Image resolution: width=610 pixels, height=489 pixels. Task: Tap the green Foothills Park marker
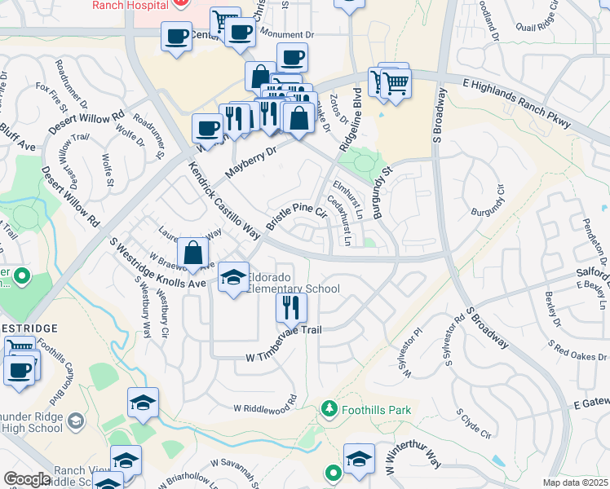coord(329,407)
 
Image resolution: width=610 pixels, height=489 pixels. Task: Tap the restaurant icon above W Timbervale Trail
coord(290,307)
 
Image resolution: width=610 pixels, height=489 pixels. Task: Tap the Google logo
coord(27,479)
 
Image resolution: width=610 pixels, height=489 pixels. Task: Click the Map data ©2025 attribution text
coord(575,482)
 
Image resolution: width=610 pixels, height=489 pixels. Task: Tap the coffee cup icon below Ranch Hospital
coord(176,37)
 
